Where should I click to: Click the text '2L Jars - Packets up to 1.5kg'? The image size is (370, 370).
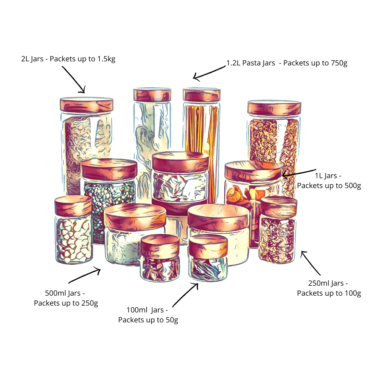[68, 59]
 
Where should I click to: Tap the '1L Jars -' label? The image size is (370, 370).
[328, 176]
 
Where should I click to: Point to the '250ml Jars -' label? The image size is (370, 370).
[328, 284]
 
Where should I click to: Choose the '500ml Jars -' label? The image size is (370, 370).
[65, 294]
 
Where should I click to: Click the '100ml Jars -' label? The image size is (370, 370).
[147, 310]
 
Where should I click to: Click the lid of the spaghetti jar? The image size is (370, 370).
[201, 95]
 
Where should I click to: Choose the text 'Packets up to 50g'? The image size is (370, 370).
[148, 320]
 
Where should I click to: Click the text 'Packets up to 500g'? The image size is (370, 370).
[329, 186]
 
